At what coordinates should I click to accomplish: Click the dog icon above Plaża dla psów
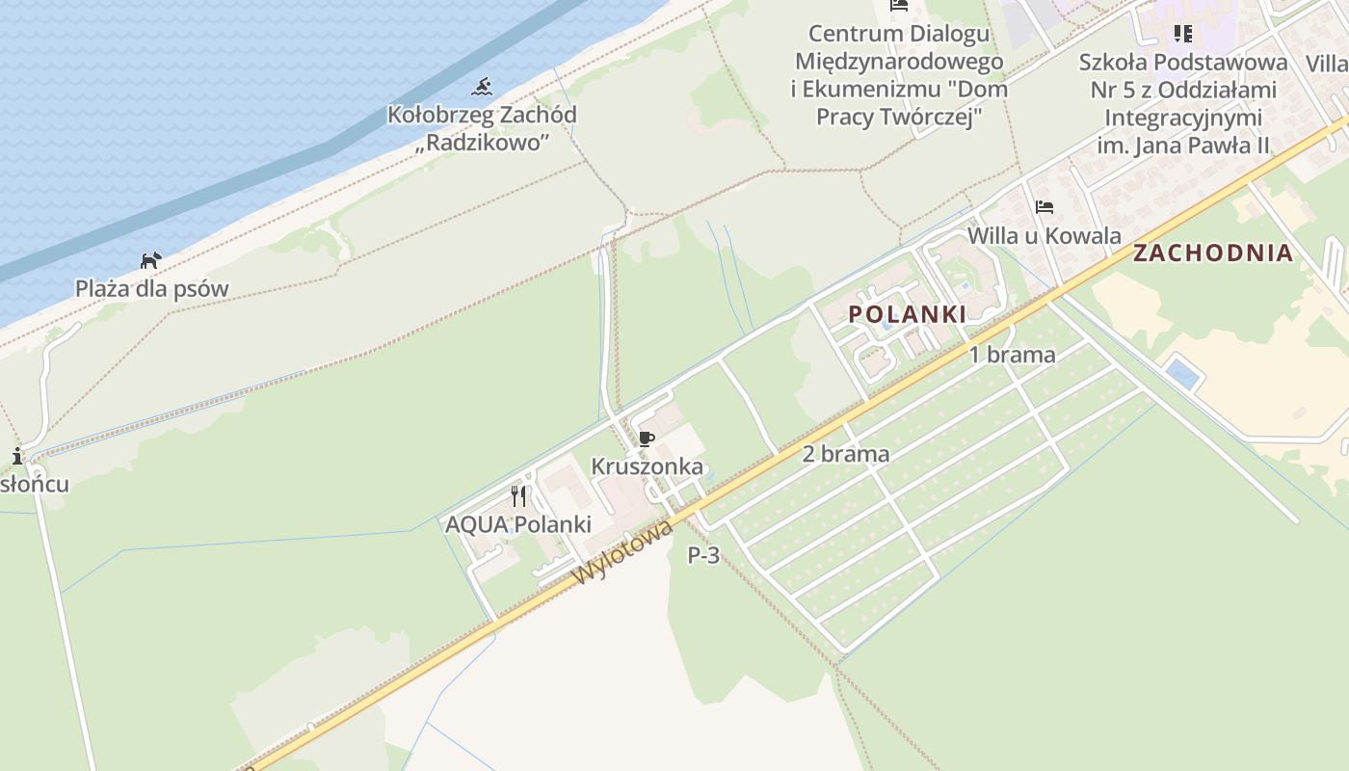[x=151, y=260]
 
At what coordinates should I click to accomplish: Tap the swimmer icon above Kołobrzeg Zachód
[x=482, y=88]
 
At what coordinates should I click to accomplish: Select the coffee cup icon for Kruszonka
[x=647, y=439]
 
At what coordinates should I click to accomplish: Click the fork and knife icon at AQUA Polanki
[x=518, y=496]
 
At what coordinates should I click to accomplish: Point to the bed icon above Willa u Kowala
[x=1045, y=207]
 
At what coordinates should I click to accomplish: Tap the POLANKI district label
[x=907, y=314]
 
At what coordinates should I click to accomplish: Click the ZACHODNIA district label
[x=1213, y=253]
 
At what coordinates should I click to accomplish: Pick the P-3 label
[x=703, y=555]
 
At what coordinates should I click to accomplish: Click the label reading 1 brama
[x=1012, y=355]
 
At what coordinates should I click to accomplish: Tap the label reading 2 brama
[x=845, y=454]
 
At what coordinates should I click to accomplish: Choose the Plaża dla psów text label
[x=152, y=288]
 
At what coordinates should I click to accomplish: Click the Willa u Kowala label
[x=1045, y=236]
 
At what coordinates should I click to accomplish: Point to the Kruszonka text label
[x=647, y=466]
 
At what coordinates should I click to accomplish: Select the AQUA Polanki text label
[x=517, y=525]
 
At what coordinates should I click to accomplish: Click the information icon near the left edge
[x=17, y=456]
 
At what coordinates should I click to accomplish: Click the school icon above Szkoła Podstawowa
[x=1183, y=35]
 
